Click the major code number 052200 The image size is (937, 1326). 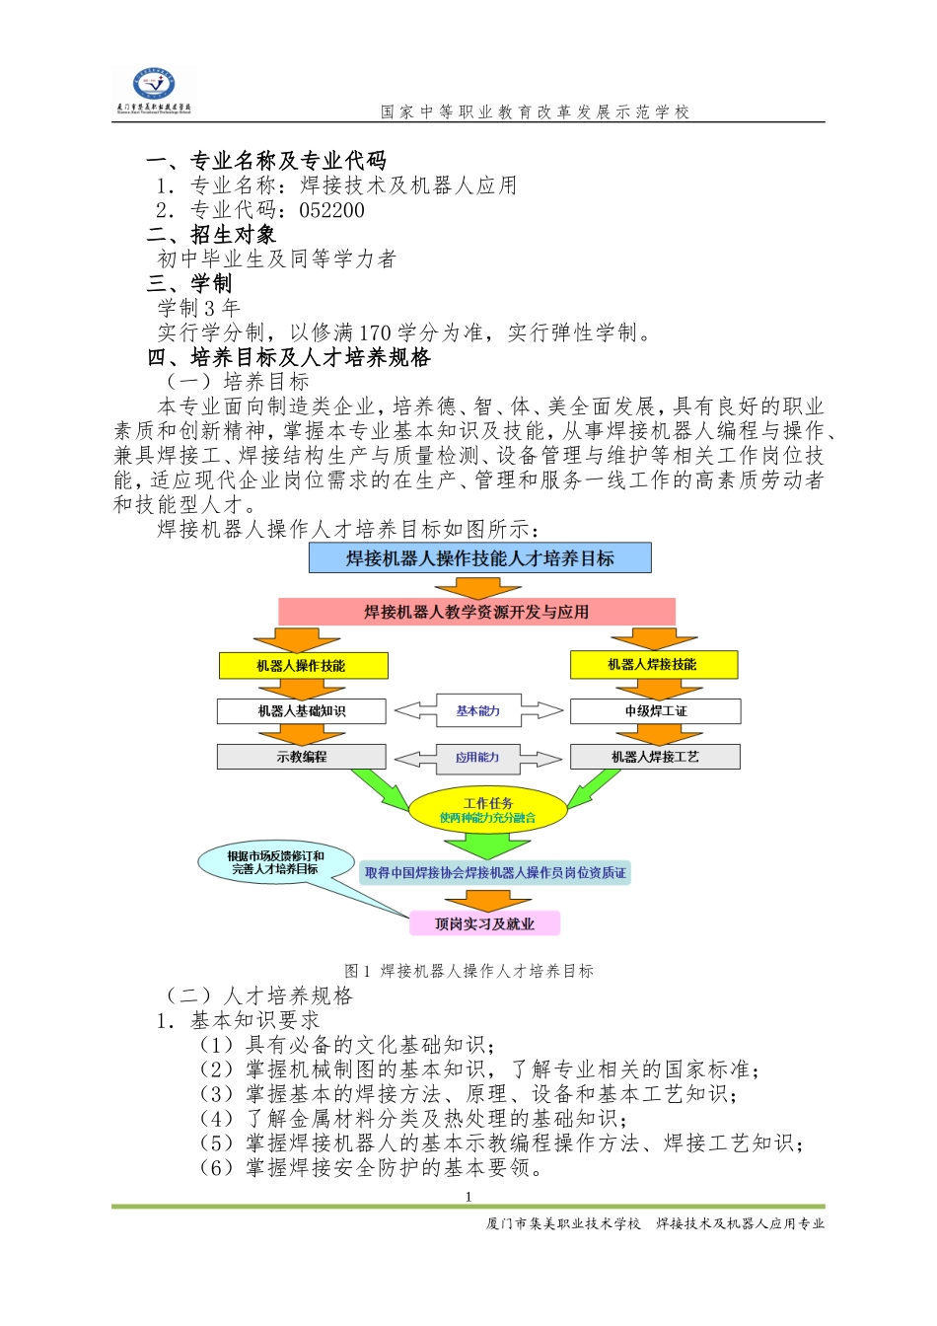(331, 210)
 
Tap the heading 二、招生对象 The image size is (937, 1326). (211, 235)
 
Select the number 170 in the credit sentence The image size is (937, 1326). (375, 332)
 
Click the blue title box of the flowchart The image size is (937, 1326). (479, 558)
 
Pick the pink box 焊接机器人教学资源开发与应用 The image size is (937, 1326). (476, 612)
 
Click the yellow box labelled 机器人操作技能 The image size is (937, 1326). (302, 666)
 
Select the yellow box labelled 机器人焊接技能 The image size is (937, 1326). (653, 665)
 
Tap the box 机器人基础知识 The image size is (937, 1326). (302, 711)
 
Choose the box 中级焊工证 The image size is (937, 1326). (655, 711)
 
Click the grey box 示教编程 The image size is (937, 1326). (302, 757)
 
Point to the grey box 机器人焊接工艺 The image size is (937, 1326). (655, 757)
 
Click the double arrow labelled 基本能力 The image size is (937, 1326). (478, 710)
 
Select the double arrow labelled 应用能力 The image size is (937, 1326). (478, 758)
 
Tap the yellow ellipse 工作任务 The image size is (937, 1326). (488, 810)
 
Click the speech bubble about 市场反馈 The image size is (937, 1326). (275, 862)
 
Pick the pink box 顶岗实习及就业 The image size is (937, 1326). (484, 924)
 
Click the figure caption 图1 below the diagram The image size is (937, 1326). (468, 971)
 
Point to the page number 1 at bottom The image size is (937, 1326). (468, 1197)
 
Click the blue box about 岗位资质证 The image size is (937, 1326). (495, 873)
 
